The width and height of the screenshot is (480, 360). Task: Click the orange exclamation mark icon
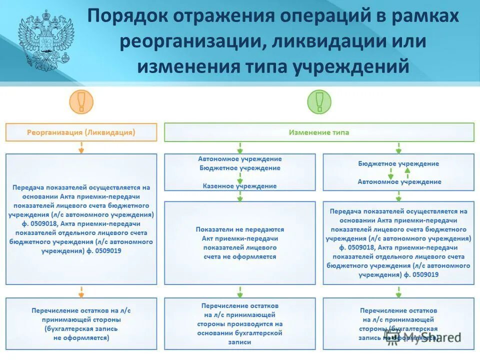coord(81,102)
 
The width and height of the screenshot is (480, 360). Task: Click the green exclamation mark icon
coord(319,102)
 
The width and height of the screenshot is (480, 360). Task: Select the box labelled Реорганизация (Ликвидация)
coord(81,132)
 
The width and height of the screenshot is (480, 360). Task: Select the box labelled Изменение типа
coord(319,132)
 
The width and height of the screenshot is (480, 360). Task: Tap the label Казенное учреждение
coord(239,186)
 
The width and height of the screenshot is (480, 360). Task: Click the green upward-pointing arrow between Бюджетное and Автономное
coord(407,172)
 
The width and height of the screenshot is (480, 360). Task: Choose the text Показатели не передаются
coord(239,229)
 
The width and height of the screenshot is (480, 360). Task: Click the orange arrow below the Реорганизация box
coord(81,147)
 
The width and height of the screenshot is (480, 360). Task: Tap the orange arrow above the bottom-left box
coord(81,291)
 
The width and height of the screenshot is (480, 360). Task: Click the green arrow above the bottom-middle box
coord(240,291)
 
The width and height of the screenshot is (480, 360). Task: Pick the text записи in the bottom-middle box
coord(239,342)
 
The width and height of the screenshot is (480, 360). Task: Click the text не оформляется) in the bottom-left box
coord(81,337)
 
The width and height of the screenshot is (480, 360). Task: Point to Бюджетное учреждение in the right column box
coord(398,163)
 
